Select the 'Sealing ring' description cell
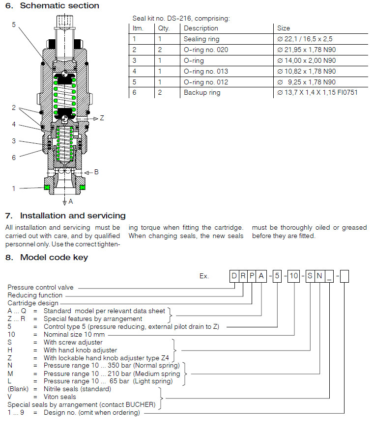[201, 39]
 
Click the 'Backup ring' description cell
[201, 92]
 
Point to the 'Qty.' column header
[164, 28]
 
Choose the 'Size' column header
[284, 28]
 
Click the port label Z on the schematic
[102, 118]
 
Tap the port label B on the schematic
[96, 172]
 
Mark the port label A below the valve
[70, 201]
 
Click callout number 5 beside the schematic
[14, 24]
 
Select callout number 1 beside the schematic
[14, 188]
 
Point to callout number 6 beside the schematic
[14, 157]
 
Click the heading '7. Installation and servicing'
[65, 215]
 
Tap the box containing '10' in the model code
[293, 276]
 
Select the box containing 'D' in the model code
[234, 276]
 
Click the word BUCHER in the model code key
[143, 404]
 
